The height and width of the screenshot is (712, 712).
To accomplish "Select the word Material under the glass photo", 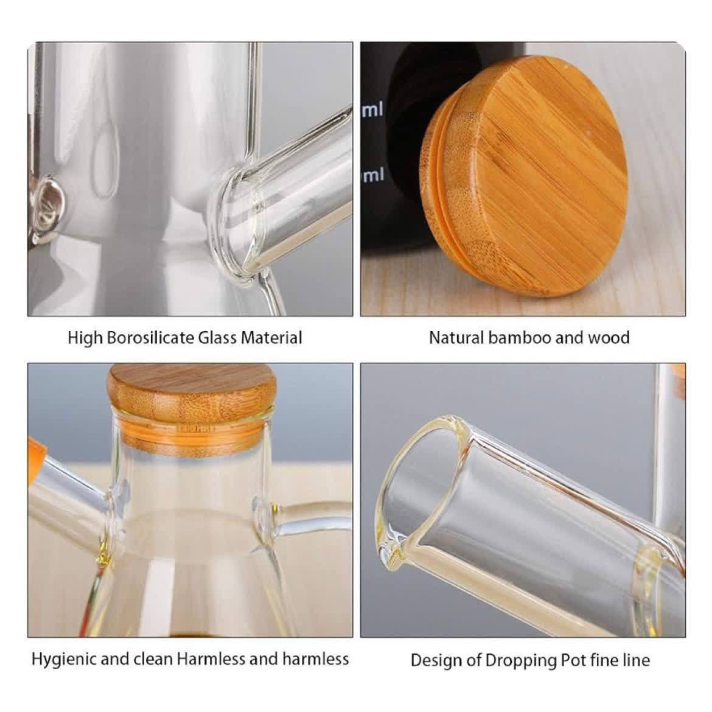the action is (x=271, y=338).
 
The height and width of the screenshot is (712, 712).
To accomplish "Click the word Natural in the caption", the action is (x=456, y=338).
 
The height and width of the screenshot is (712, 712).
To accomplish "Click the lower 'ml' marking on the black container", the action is (x=373, y=174).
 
